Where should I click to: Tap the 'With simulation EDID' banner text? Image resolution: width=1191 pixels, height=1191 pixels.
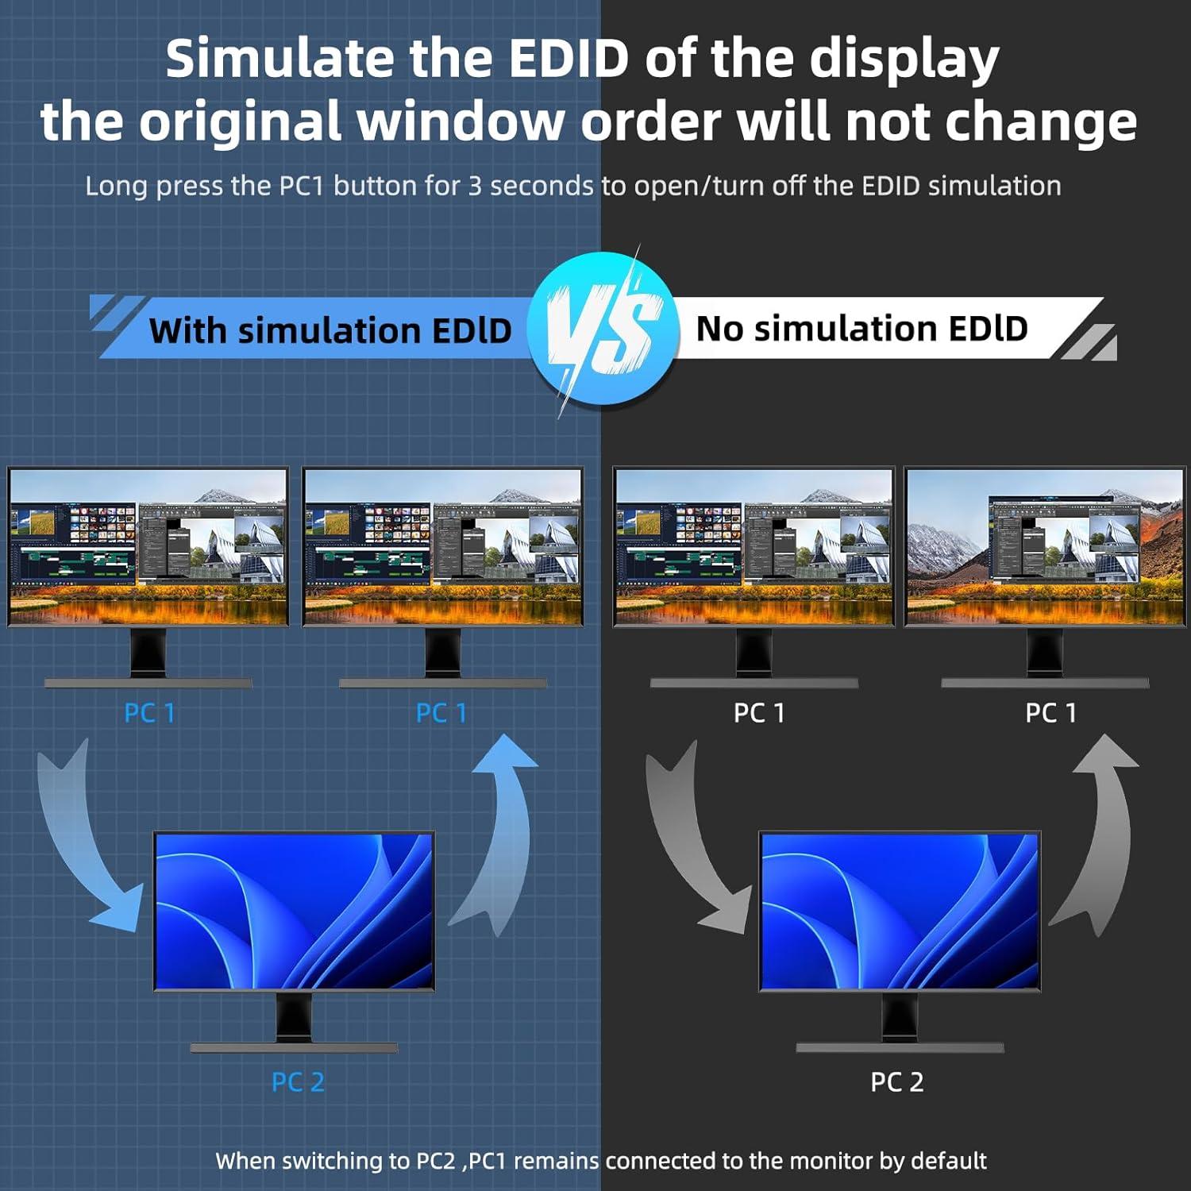[x=330, y=330]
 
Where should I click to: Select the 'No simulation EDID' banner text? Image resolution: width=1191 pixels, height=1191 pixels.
[x=861, y=328]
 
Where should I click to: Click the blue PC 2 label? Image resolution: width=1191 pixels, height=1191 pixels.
[x=298, y=1081]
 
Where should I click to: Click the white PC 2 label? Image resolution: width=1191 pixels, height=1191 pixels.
[x=897, y=1081]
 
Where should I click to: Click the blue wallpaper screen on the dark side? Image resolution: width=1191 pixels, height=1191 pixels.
[x=900, y=911]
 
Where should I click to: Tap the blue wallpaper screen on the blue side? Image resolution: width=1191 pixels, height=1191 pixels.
[x=294, y=911]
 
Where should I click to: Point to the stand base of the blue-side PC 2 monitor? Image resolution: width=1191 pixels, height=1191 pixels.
[x=294, y=1048]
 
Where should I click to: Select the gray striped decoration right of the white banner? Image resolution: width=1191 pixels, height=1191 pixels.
[x=1090, y=341]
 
